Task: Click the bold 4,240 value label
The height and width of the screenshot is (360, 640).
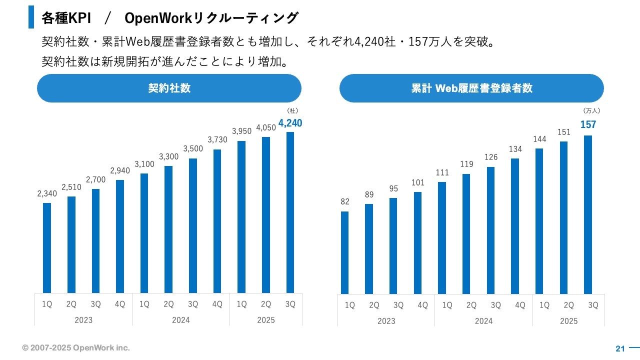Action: point(290,123)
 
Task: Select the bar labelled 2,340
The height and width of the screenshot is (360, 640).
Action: point(47,247)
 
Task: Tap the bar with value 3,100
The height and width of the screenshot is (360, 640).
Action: point(144,233)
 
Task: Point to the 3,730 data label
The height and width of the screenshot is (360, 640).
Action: point(217,139)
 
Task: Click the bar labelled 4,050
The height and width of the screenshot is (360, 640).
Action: point(266,215)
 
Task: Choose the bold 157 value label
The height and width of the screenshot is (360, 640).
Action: point(588,125)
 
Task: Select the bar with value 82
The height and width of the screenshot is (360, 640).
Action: point(345,252)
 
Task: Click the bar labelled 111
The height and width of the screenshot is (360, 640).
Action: point(442,238)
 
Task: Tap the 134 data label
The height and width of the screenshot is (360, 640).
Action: point(515,149)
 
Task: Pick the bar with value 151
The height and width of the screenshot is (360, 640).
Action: point(563,217)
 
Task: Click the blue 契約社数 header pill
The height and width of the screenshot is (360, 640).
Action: point(169,88)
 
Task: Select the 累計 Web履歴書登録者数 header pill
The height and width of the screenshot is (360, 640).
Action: point(471,88)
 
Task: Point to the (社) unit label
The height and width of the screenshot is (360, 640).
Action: point(292,110)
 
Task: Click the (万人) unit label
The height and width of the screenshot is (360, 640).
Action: point(591,110)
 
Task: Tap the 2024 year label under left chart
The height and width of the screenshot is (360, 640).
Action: point(181,320)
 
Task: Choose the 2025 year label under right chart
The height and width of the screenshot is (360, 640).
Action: point(568,321)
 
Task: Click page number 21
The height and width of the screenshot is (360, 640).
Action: point(620,348)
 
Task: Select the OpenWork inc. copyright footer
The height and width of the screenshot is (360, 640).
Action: point(76,347)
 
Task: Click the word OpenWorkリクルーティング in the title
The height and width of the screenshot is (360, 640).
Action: point(211,18)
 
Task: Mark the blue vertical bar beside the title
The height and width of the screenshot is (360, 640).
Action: point(31,17)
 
